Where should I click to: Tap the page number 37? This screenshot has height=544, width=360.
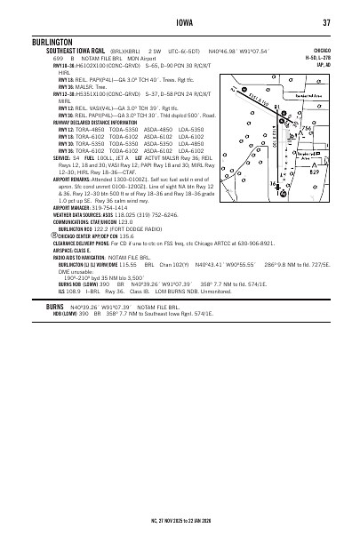[326, 22]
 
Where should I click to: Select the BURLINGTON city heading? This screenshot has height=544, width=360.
[47, 41]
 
